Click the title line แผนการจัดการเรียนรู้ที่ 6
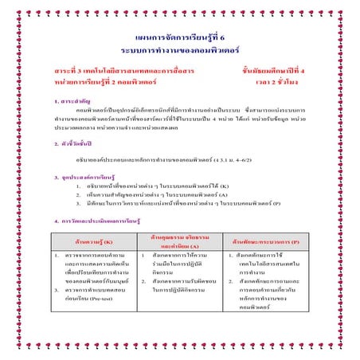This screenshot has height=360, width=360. click(180, 37)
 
